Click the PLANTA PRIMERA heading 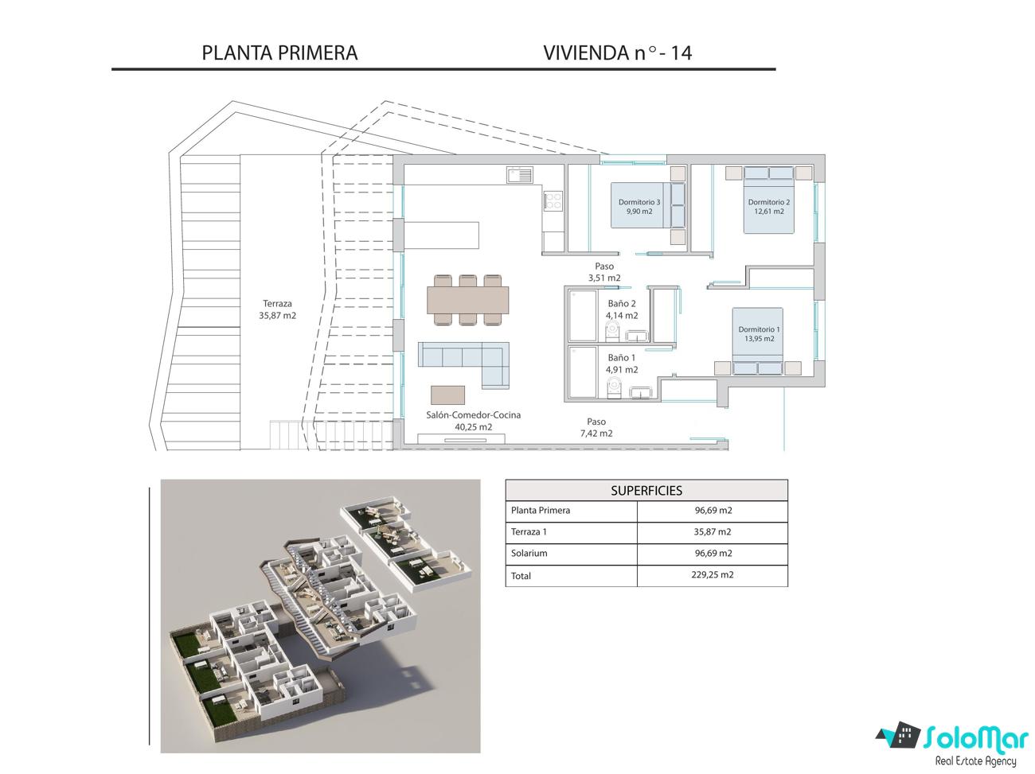(279, 53)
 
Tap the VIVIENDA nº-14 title (617, 53)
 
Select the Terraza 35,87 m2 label (277, 309)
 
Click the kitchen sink (520, 175)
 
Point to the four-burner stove (553, 200)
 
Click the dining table (468, 300)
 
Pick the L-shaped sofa (463, 364)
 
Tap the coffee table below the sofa (447, 395)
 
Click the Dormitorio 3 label (639, 206)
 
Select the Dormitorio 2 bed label (768, 206)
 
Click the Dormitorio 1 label (760, 334)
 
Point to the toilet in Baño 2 (612, 331)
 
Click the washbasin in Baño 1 (640, 392)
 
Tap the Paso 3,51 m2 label (604, 272)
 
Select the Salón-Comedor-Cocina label (474, 421)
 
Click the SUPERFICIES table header (646, 491)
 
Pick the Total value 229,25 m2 (713, 574)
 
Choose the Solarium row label (529, 553)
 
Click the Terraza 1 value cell (713, 532)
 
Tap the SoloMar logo (952, 745)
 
